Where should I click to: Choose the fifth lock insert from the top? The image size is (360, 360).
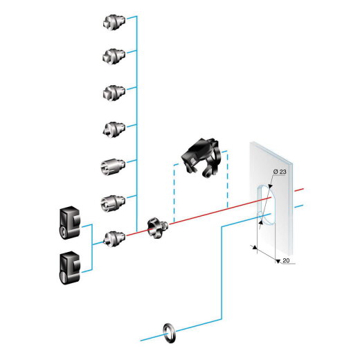[x=112, y=167]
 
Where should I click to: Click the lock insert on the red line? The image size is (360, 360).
[x=112, y=239]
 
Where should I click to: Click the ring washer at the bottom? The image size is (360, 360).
[x=168, y=330]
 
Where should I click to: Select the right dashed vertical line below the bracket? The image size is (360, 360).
[x=228, y=187]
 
